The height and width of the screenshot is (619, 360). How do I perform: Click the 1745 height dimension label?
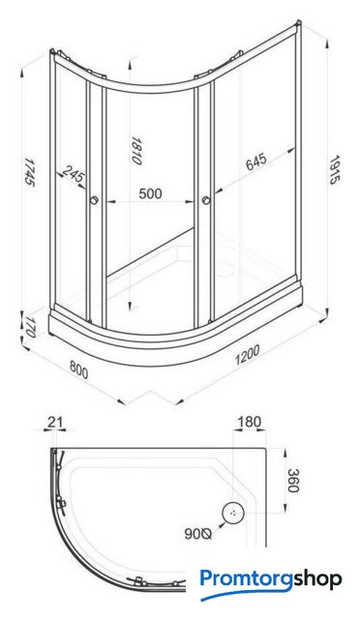(x=29, y=172)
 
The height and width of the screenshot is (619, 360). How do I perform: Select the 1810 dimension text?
(x=136, y=151)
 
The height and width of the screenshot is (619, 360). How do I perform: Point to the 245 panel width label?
(x=74, y=174)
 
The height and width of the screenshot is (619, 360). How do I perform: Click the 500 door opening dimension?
(x=150, y=193)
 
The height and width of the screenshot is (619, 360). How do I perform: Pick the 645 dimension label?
(x=256, y=162)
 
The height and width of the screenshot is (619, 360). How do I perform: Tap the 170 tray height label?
(x=29, y=327)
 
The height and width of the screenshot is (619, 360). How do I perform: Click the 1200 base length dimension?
(x=248, y=355)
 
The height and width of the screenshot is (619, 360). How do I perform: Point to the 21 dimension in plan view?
(x=55, y=422)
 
